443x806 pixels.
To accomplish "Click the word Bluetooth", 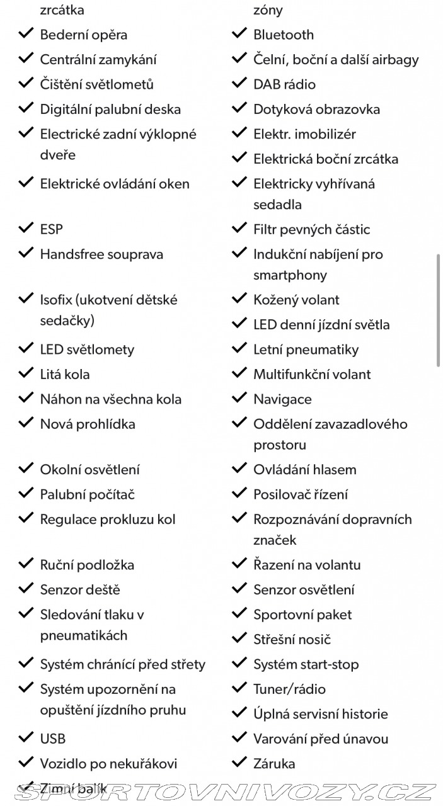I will [283, 35].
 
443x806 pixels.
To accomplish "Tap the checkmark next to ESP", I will [26, 229].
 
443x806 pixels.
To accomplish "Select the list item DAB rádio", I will [284, 84].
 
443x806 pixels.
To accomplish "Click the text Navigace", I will [282, 399].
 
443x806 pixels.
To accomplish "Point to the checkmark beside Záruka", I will [239, 763].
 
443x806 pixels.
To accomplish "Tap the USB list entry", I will [52, 739].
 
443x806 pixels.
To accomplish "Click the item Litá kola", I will [64, 374].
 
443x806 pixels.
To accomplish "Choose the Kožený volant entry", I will [296, 300].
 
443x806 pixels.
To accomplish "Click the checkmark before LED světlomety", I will [26, 348].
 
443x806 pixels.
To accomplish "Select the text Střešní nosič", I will [292, 639].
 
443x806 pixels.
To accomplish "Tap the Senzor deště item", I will [79, 590].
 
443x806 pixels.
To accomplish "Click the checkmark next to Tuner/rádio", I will [239, 688].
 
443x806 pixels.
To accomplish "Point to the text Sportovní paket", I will [302, 615].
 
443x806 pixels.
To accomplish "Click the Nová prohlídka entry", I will [88, 424].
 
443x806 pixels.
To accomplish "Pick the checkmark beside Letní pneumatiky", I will [239, 348].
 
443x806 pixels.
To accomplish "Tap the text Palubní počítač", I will [87, 494].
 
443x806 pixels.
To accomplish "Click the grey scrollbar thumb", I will [438, 310].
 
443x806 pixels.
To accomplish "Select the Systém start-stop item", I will [306, 664].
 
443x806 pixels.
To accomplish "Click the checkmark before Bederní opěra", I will [26, 34].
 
